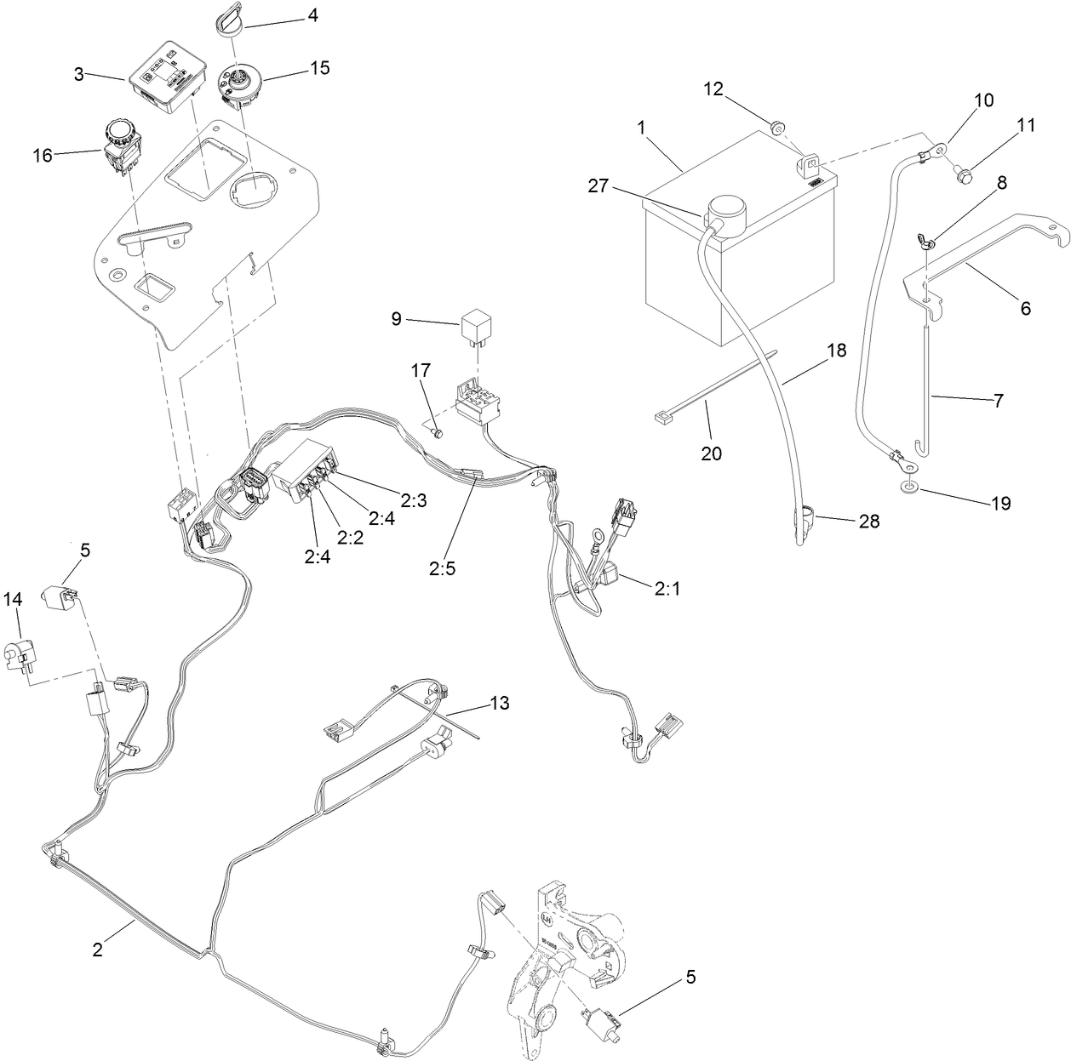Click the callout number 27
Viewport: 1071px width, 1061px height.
[x=598, y=185]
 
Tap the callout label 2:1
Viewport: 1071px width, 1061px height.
[x=667, y=587]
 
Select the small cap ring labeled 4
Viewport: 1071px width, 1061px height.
[x=225, y=20]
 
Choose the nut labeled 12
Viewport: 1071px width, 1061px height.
[x=776, y=128]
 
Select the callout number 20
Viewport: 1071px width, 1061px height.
[x=711, y=453]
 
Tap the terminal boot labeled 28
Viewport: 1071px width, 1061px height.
[x=802, y=518]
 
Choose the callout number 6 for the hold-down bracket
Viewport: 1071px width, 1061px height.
[x=1025, y=308]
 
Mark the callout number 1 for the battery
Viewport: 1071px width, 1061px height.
[x=641, y=125]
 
